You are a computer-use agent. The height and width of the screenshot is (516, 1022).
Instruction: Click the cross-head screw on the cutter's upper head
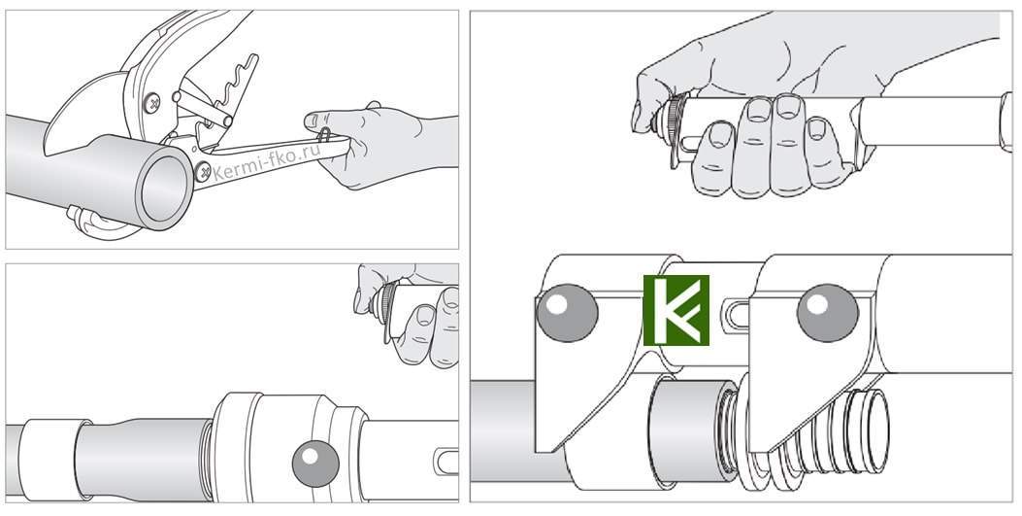(151, 103)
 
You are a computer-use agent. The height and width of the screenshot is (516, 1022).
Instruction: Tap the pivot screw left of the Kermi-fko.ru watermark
(203, 172)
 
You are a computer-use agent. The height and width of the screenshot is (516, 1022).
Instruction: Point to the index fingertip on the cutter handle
(313, 120)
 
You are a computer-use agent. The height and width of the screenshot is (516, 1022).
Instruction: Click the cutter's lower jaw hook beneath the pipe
(98, 222)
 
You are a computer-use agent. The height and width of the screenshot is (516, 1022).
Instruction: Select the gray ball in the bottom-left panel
(315, 464)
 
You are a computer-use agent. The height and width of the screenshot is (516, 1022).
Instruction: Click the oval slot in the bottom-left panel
(447, 461)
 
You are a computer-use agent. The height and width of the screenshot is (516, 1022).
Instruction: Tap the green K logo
(676, 310)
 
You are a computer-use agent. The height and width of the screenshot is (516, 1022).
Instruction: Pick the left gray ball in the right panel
(567, 313)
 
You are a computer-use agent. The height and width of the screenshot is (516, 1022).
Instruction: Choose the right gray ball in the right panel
(828, 313)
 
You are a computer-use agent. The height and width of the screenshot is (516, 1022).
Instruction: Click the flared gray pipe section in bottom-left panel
(144, 460)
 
